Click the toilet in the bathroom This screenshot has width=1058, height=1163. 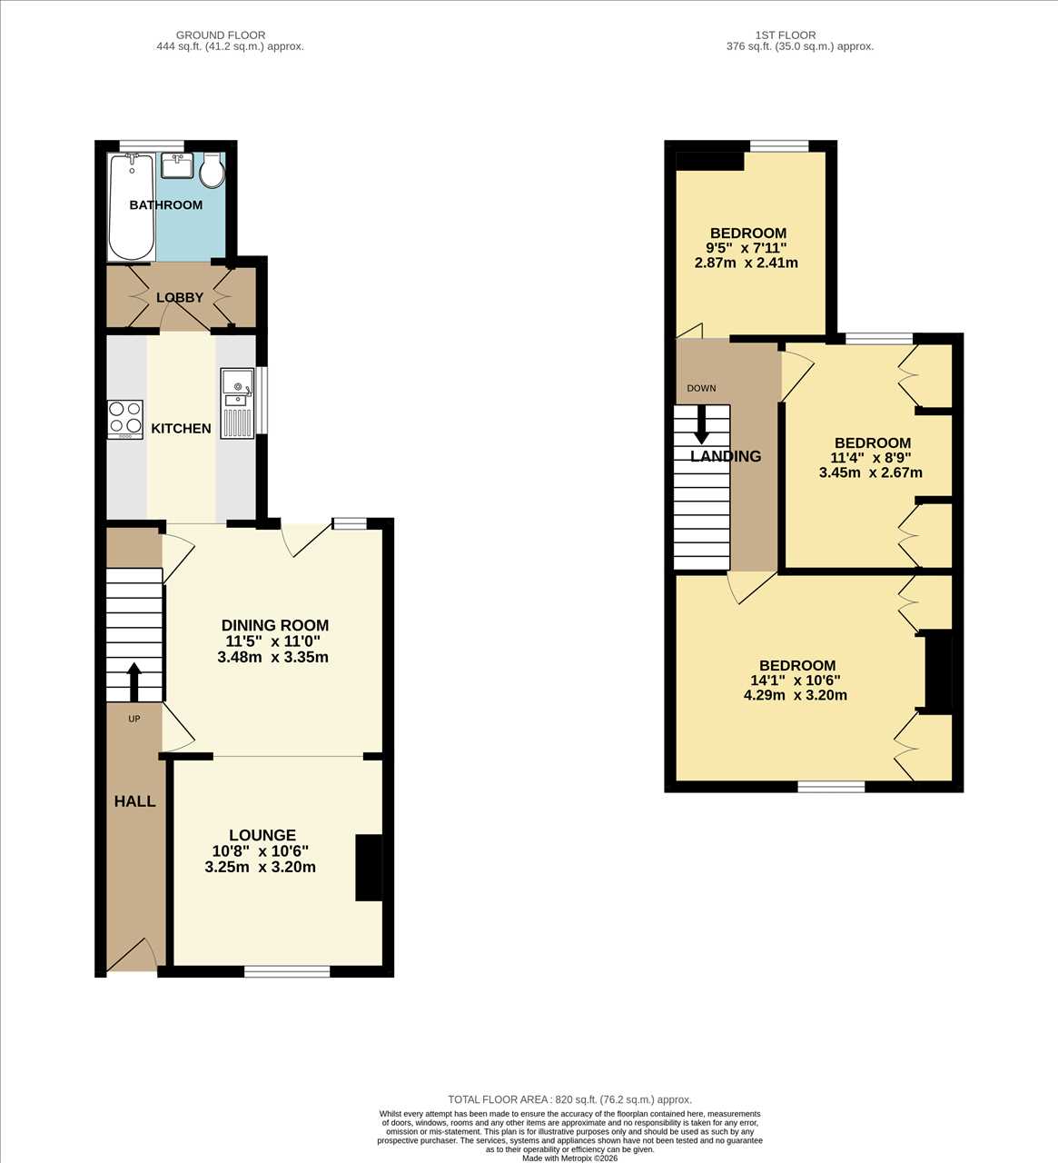(213, 171)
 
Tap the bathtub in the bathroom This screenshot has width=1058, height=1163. (133, 207)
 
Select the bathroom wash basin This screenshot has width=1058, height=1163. (177, 165)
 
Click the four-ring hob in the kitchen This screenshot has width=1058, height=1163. (125, 420)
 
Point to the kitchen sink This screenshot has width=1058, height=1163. (237, 403)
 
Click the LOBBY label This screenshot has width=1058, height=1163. (180, 297)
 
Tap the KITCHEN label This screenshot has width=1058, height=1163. (181, 429)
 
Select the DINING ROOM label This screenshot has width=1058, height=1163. (275, 625)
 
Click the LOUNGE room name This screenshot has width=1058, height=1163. (262, 835)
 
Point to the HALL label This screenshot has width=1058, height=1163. (134, 801)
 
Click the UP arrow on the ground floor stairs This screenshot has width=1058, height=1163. (133, 682)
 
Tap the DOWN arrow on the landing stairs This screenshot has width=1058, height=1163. (701, 423)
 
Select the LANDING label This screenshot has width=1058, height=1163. (726, 456)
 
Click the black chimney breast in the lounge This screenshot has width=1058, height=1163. (369, 868)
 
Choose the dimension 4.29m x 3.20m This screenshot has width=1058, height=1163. (795, 694)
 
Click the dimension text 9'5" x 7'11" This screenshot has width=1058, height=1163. (746, 248)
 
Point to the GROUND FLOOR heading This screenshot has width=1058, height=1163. (221, 35)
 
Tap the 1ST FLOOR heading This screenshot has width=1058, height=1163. (786, 35)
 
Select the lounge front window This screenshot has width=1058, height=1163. (287, 971)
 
